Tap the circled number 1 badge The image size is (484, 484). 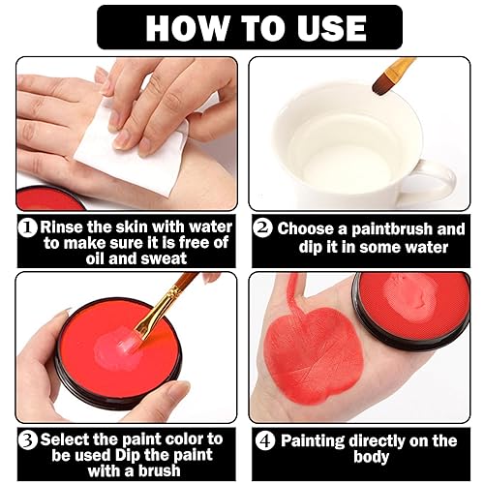27,228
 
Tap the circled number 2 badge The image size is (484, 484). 261,229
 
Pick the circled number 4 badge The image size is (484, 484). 263,440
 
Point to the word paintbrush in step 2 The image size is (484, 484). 406,229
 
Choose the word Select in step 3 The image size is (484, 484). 67,439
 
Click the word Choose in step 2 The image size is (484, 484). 309,229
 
